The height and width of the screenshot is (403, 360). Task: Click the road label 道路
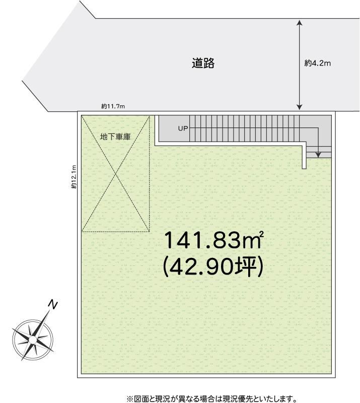coord(203,63)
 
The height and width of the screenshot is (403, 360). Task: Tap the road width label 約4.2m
coord(317,63)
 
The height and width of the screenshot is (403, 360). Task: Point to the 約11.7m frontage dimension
coord(113,106)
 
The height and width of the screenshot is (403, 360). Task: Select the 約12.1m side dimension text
coord(74,177)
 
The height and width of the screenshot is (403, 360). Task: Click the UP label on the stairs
coord(183,128)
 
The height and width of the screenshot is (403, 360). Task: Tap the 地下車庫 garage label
coord(115,137)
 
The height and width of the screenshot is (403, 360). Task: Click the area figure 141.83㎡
coord(214,240)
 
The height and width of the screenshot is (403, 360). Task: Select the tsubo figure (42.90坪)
coord(213,267)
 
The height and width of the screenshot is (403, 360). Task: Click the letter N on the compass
coord(53,305)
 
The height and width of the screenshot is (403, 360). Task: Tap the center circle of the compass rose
coord(33,340)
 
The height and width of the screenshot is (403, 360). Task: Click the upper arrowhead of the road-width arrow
coord(300,23)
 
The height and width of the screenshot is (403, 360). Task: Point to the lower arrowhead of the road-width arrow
coord(300,107)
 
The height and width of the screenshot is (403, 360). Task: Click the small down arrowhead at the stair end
coord(318,155)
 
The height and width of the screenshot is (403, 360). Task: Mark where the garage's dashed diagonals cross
coord(116,174)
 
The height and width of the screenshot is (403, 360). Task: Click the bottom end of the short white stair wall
coord(304,169)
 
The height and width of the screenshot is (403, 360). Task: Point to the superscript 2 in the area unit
coord(262,233)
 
